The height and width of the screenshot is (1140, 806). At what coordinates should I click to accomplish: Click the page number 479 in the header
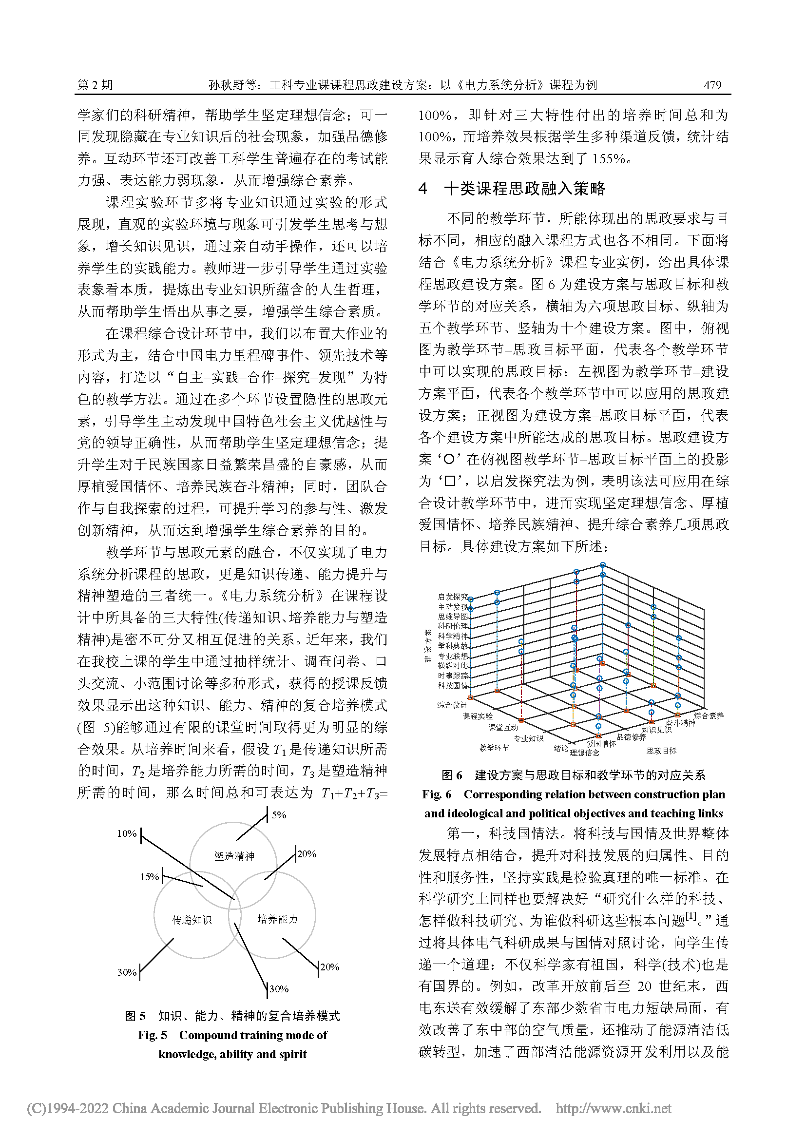tap(712, 85)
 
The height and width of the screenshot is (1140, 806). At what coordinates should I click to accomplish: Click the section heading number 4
tap(422, 189)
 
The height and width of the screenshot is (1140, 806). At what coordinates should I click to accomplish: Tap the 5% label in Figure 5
tap(279, 815)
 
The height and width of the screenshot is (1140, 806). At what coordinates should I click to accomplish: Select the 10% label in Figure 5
tap(127, 833)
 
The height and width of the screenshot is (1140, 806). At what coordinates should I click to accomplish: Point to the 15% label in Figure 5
tap(149, 877)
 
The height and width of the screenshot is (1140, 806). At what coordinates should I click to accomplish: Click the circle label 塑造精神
tap(234, 856)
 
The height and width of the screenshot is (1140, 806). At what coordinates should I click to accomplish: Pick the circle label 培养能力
tap(277, 919)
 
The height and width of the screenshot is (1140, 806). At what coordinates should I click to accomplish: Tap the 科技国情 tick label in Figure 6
tap(452, 686)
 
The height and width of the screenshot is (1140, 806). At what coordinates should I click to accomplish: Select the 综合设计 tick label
tap(452, 705)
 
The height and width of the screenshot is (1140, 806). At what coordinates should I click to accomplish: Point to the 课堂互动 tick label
tap(503, 727)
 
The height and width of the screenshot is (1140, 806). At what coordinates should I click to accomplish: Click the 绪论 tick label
tap(561, 748)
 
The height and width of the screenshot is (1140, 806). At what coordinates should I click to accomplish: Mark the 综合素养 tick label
tap(709, 715)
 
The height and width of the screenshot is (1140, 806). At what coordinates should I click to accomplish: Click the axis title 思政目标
tap(661, 751)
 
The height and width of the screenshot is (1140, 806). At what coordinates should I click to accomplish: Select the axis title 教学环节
tap(494, 748)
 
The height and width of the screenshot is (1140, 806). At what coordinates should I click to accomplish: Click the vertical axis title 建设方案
tap(428, 645)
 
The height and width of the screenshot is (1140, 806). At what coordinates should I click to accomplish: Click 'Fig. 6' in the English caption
tap(437, 794)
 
